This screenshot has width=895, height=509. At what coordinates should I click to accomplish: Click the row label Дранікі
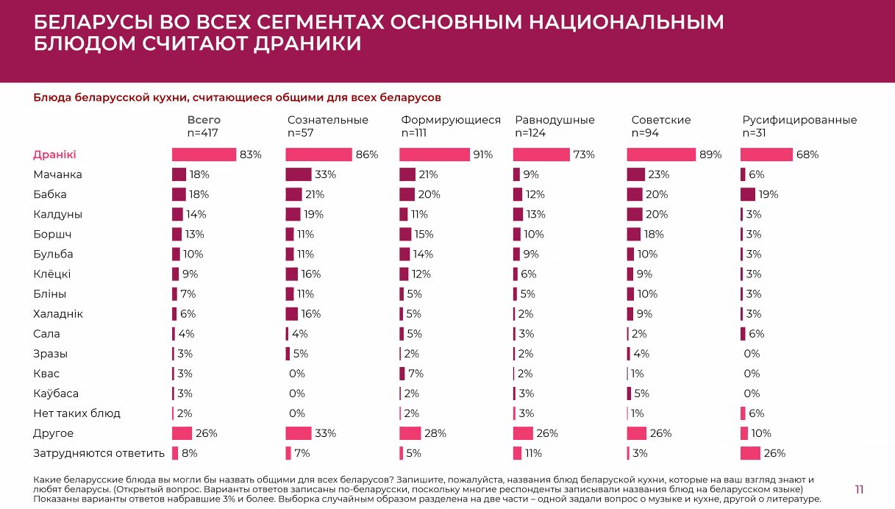(55, 154)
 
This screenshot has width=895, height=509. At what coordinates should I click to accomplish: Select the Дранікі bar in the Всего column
(204, 154)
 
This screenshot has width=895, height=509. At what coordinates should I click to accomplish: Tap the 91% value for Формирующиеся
(482, 154)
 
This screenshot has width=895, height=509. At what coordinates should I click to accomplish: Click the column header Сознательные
(327, 120)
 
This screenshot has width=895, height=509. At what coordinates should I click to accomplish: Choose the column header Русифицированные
(799, 120)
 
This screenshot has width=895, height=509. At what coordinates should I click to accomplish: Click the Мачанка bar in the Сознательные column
(299, 174)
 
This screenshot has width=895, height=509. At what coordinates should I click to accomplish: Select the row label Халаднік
(58, 314)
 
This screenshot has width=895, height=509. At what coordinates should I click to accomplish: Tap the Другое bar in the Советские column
(636, 433)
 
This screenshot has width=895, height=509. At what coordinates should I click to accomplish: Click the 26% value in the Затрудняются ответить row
(774, 453)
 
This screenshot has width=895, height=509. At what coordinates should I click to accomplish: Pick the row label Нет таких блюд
(76, 413)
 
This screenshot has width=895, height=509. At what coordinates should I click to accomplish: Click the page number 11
(859, 490)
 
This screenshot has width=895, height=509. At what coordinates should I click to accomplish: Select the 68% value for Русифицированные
(807, 154)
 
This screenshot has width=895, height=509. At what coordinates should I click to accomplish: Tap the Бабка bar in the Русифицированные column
(748, 194)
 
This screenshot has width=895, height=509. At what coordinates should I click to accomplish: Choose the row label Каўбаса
(56, 394)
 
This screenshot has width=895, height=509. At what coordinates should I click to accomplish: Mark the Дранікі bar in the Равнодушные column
(541, 154)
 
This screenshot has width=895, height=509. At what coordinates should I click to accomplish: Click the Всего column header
(204, 120)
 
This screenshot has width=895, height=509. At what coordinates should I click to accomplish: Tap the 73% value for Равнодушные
(584, 154)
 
